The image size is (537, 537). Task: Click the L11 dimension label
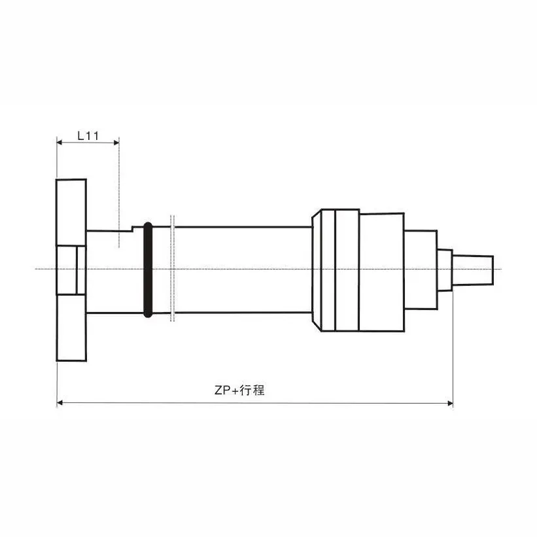[x=88, y=135]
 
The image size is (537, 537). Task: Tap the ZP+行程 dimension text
[x=239, y=390]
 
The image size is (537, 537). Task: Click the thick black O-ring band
[x=148, y=269]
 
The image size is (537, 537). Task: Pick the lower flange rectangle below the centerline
[x=71, y=327]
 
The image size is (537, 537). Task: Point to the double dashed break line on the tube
[x=172, y=268]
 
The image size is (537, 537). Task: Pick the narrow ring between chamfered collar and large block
[x=347, y=269]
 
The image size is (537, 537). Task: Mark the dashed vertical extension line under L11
[x=119, y=196]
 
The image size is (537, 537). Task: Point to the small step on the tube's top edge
[x=133, y=228]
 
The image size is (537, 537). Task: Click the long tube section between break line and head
[x=242, y=269]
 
